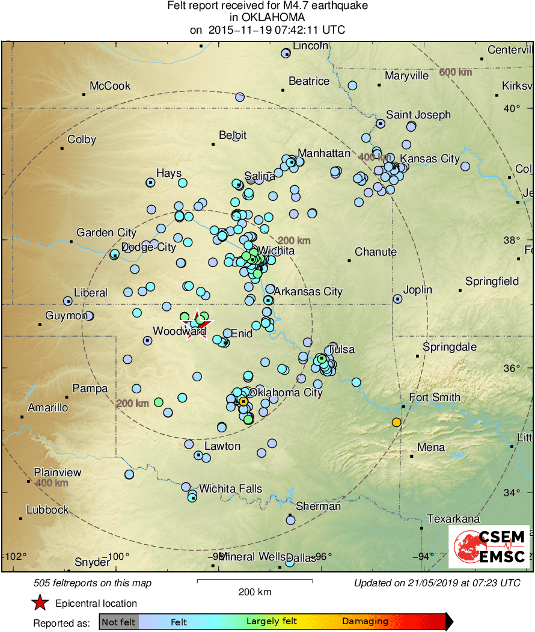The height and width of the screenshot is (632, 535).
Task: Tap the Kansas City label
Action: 430,159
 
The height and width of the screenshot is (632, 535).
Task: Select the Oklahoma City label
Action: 286,393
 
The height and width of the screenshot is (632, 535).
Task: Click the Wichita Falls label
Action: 231,488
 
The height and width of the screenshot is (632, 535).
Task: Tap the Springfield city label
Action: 492,281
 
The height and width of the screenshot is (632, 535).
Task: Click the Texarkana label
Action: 453,519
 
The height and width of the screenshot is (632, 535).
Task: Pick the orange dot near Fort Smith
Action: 396,422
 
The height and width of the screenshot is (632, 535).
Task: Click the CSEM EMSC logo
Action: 489,547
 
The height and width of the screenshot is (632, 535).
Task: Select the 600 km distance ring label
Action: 455,72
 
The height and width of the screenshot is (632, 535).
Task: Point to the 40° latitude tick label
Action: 513,108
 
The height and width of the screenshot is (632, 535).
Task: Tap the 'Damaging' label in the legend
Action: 365,621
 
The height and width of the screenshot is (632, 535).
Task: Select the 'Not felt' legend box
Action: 118,621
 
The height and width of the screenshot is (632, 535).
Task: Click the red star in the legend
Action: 40,603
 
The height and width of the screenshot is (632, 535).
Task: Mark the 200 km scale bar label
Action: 255,592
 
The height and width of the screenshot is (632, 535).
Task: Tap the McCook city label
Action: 110,86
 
